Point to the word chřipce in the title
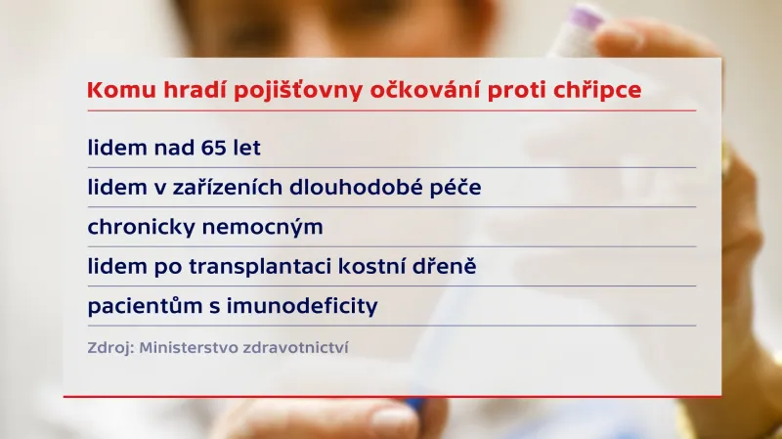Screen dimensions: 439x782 tap(599, 90)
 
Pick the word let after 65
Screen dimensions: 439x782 tap(245, 149)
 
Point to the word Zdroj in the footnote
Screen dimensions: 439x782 tap(106, 347)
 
